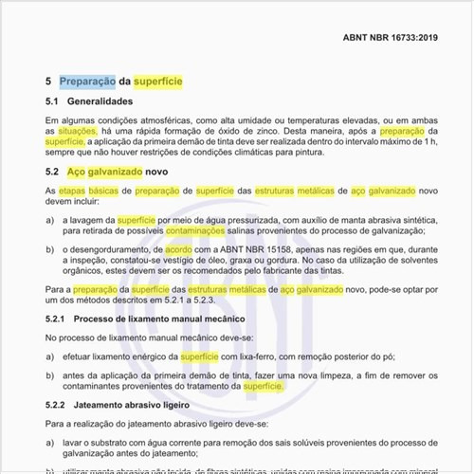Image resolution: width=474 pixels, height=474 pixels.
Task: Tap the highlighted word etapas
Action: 77,191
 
